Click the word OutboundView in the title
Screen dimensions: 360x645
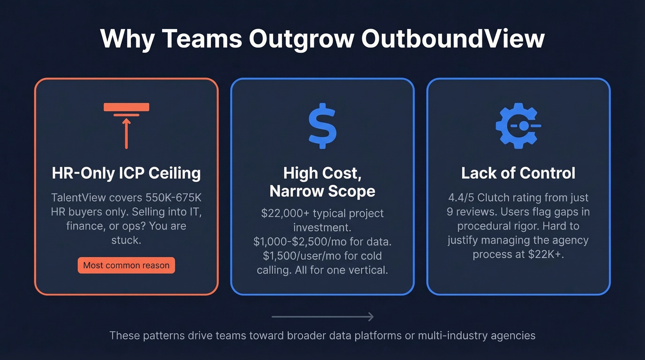coord(452,39)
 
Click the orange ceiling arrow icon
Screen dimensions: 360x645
coord(126,125)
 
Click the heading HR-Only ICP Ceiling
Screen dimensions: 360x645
coord(126,173)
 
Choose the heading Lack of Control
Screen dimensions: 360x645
coord(518,173)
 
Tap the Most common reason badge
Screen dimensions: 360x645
coord(126,266)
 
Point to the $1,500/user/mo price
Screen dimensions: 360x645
coord(296,255)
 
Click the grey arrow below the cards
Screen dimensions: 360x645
coord(322,317)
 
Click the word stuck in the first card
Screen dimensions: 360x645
coord(126,240)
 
